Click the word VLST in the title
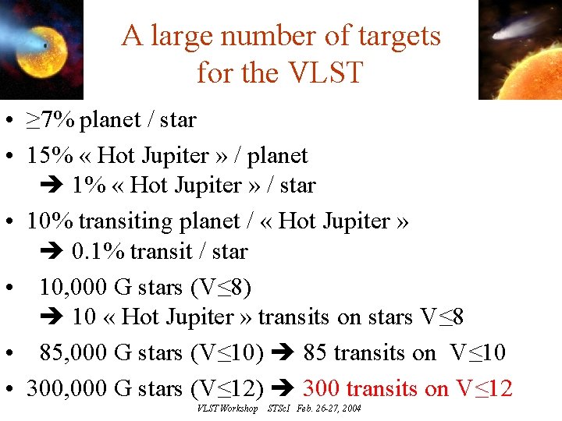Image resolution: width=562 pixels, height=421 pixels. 325,73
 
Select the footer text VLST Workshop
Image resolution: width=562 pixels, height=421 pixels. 227,409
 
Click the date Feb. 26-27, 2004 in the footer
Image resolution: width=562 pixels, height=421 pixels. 329,409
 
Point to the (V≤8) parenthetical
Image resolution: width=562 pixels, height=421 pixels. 220,287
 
